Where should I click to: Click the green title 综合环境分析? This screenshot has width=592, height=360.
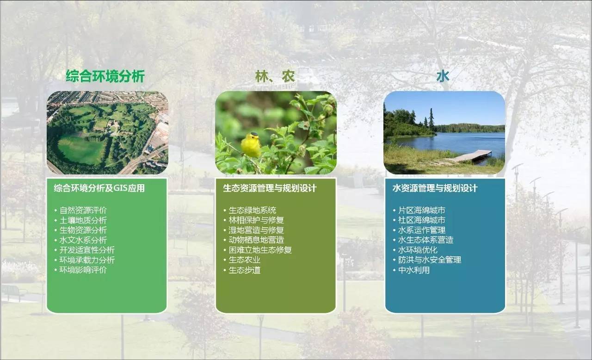105,76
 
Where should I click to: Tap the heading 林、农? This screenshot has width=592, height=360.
275,76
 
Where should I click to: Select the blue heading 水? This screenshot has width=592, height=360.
443,76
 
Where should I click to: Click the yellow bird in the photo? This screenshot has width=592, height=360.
251,145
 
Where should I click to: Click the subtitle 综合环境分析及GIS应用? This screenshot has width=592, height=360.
99,188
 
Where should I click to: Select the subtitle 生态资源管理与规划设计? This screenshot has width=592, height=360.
270,188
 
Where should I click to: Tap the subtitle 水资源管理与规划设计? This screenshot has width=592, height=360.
435,188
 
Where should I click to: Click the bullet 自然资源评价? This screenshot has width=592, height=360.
83,211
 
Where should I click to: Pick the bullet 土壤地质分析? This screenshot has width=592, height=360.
83,220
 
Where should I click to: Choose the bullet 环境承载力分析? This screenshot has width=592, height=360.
87,260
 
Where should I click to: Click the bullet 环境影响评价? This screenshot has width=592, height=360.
83,270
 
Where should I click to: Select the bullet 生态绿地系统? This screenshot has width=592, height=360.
253,211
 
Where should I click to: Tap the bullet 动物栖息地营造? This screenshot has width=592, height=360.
256,240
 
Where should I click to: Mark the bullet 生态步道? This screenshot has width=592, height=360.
245,270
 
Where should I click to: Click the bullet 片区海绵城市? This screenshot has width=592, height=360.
422,211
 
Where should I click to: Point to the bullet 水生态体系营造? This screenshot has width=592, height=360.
425,240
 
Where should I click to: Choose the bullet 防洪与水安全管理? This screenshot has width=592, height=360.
430,260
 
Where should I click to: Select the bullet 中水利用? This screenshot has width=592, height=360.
414,270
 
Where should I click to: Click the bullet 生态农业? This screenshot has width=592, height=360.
245,260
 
